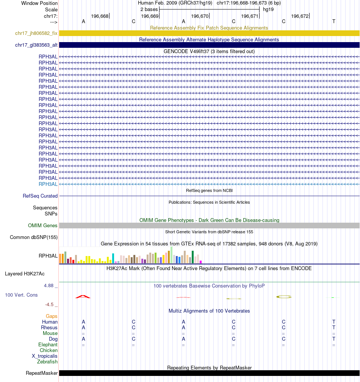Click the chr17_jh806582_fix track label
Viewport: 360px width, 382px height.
click(x=36, y=33)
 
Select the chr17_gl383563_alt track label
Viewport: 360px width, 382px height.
click(x=36, y=45)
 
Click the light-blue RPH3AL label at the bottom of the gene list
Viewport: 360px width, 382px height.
click(x=48, y=184)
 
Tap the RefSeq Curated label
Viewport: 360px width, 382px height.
click(x=40, y=196)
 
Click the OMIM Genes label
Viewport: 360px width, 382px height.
click(x=43, y=225)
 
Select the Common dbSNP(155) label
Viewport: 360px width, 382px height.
click(x=34, y=237)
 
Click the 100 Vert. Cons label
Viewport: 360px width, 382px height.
click(x=22, y=295)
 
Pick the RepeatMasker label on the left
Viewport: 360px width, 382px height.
click(x=42, y=373)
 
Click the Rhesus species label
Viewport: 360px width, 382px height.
click(x=49, y=328)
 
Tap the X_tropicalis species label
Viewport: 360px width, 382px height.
click(x=45, y=356)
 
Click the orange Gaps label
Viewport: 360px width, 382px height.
click(x=52, y=316)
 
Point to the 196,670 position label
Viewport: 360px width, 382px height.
click(x=200, y=16)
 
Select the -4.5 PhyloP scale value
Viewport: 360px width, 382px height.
click(x=51, y=304)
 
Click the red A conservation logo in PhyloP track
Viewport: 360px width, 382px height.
click(x=83, y=296)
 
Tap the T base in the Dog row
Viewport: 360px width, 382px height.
click(x=333, y=339)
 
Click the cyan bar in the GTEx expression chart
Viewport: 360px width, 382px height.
click(x=113, y=258)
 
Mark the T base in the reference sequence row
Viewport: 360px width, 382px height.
click(x=333, y=21)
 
